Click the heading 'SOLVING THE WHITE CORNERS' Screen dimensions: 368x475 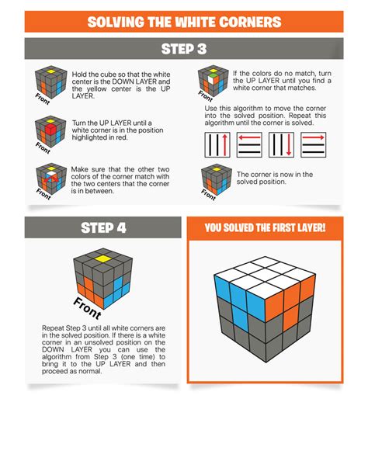184,22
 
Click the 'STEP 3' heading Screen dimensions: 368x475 184,49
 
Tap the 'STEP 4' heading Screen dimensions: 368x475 103,228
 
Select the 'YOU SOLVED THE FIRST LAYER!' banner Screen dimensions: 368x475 265,228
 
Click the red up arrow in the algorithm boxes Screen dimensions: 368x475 224,145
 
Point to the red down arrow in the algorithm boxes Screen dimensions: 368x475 289,145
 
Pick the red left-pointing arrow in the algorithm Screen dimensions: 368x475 250,137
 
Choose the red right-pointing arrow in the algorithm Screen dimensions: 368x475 314,137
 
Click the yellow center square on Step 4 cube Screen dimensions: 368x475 103,258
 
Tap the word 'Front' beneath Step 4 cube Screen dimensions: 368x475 87,308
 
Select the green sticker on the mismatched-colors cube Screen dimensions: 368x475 214,75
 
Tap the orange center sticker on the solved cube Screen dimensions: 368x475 291,317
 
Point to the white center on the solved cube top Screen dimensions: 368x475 265,275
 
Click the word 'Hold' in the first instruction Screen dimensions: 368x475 79,75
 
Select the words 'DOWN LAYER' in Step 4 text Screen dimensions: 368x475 67,349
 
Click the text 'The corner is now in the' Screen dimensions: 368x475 275,175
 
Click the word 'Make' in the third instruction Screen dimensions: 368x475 79,169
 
